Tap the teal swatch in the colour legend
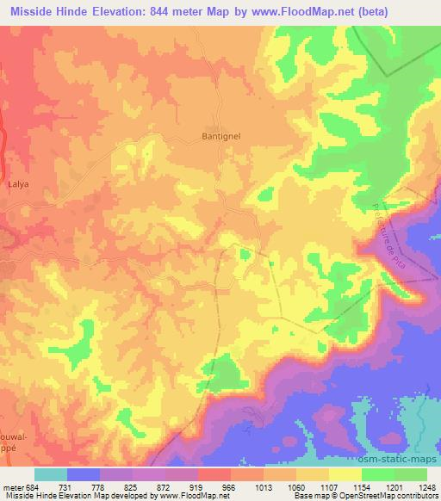tap(51, 474)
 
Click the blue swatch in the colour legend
tap(84, 474)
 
